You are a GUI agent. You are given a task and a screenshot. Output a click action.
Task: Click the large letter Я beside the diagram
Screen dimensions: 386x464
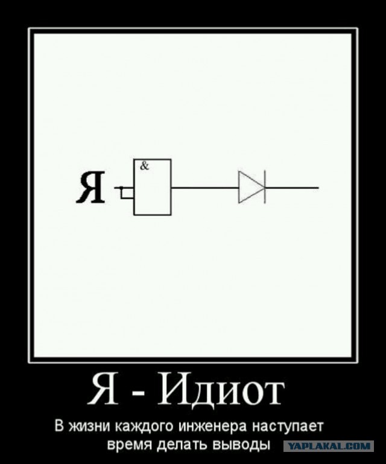point(91,188)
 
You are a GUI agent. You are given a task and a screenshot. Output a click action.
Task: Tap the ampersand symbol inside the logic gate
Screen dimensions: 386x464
point(145,167)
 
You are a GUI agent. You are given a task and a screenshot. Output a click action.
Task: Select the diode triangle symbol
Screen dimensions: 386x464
point(251,187)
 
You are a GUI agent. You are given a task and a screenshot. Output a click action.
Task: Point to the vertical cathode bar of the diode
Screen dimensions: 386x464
point(264,187)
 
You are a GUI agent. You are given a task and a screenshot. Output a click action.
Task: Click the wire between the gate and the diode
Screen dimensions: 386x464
point(205,188)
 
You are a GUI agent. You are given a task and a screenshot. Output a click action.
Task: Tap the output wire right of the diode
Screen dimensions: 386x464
point(292,188)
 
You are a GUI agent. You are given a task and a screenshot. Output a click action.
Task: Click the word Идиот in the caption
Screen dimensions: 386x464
point(221,390)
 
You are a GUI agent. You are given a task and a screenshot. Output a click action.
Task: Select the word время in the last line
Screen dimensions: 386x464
point(130,444)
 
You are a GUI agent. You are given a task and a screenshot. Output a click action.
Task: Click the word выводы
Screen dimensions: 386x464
point(241,444)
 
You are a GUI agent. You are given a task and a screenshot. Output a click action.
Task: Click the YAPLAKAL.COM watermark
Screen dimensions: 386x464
point(328,446)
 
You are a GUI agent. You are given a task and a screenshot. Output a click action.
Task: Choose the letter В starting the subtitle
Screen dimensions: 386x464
point(60,426)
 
